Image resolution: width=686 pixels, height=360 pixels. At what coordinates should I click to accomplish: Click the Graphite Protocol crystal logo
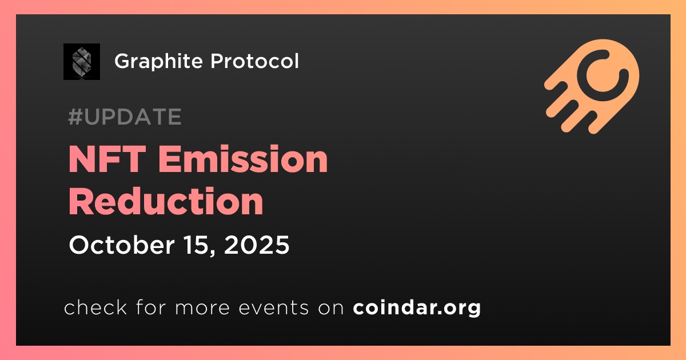click(82, 62)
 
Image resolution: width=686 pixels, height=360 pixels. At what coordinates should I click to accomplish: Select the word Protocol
click(254, 61)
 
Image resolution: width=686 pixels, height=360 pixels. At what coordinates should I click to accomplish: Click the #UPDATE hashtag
click(125, 117)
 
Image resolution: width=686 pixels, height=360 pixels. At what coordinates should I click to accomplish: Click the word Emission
click(243, 159)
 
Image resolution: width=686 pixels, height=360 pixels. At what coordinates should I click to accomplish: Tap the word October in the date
click(122, 245)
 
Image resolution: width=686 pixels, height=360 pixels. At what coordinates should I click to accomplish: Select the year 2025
click(257, 245)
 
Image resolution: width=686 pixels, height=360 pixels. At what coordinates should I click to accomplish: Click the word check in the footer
click(95, 307)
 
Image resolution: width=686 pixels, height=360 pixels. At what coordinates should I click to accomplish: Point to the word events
click(274, 307)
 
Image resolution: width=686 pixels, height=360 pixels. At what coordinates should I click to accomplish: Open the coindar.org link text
click(417, 308)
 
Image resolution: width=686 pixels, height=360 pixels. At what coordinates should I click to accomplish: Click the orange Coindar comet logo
click(592, 86)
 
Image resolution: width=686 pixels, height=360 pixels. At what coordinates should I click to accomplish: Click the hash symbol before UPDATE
click(75, 117)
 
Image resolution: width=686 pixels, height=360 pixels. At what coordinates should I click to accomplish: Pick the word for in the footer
click(151, 307)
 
